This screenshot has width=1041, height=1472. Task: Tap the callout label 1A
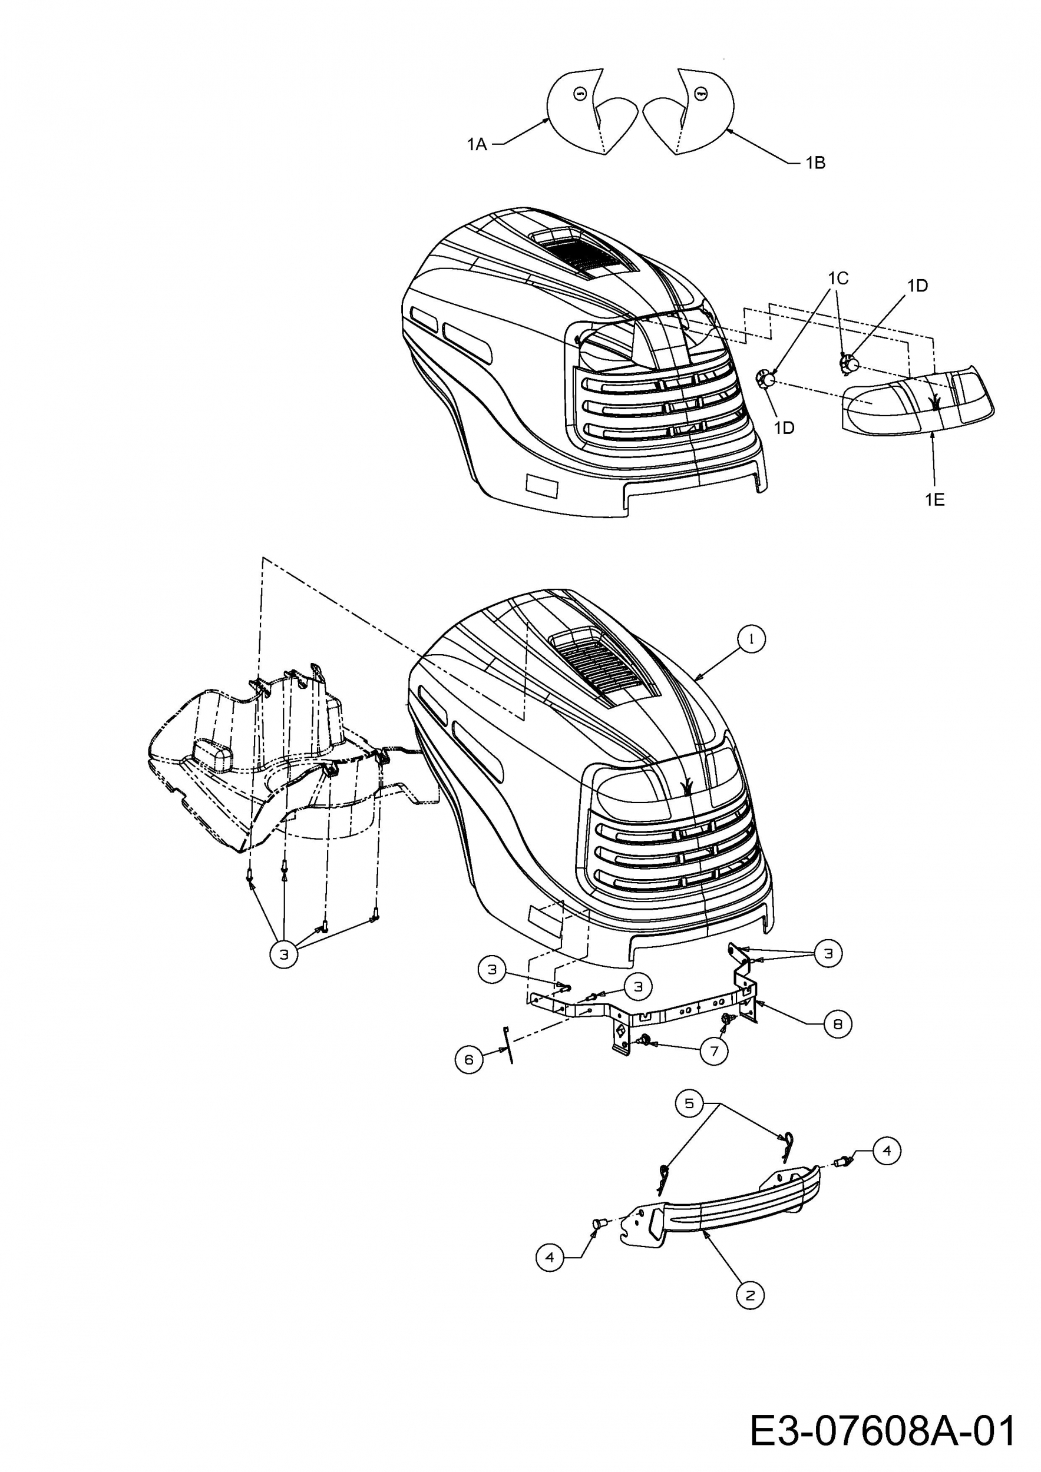[x=477, y=145]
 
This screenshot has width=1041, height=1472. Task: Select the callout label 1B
[x=815, y=163]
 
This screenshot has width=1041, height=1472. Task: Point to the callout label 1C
[x=838, y=279]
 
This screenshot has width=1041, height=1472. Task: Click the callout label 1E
[x=934, y=499]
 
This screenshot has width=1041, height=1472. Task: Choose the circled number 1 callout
[x=752, y=638]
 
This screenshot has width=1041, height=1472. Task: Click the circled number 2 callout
[x=751, y=1295]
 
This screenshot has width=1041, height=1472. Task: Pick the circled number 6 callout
[x=469, y=1060]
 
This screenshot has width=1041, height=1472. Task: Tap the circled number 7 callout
[x=714, y=1051]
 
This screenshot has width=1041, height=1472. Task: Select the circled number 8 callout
[x=838, y=1024]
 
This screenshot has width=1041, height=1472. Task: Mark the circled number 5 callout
[x=689, y=1103]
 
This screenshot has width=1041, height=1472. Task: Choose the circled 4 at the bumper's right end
[x=887, y=1151]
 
